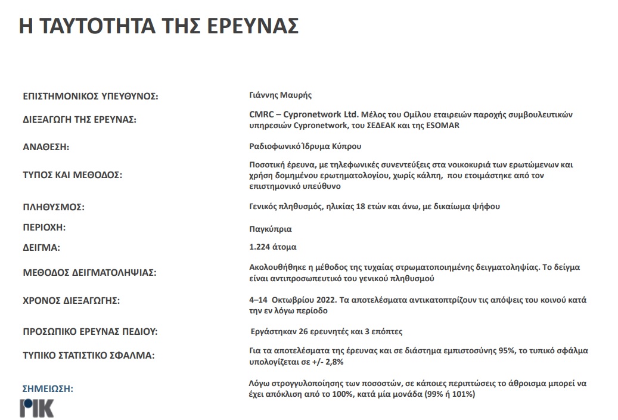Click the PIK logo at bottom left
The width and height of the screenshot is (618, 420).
tap(36, 408)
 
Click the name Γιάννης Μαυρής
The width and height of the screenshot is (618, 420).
tap(280, 95)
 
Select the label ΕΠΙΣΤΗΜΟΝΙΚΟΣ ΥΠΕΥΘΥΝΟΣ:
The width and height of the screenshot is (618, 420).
tap(90, 97)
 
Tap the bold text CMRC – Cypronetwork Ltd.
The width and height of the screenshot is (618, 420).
tap(304, 114)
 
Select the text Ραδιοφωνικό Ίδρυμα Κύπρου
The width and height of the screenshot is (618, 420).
tap(305, 146)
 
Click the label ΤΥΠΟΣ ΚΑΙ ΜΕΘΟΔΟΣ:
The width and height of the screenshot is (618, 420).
tap(72, 176)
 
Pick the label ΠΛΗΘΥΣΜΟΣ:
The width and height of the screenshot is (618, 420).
tap(54, 207)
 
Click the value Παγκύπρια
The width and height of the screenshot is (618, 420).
tap(271, 229)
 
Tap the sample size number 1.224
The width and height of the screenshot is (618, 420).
tap(260, 247)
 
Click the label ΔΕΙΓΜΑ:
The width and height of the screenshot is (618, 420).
tap(42, 247)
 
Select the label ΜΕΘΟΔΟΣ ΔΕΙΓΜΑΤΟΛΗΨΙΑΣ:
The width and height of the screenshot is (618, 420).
tap(89, 273)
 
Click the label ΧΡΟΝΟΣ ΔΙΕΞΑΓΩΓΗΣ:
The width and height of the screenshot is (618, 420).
tap(71, 301)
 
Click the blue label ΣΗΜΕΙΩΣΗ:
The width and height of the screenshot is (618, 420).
tap(47, 389)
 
